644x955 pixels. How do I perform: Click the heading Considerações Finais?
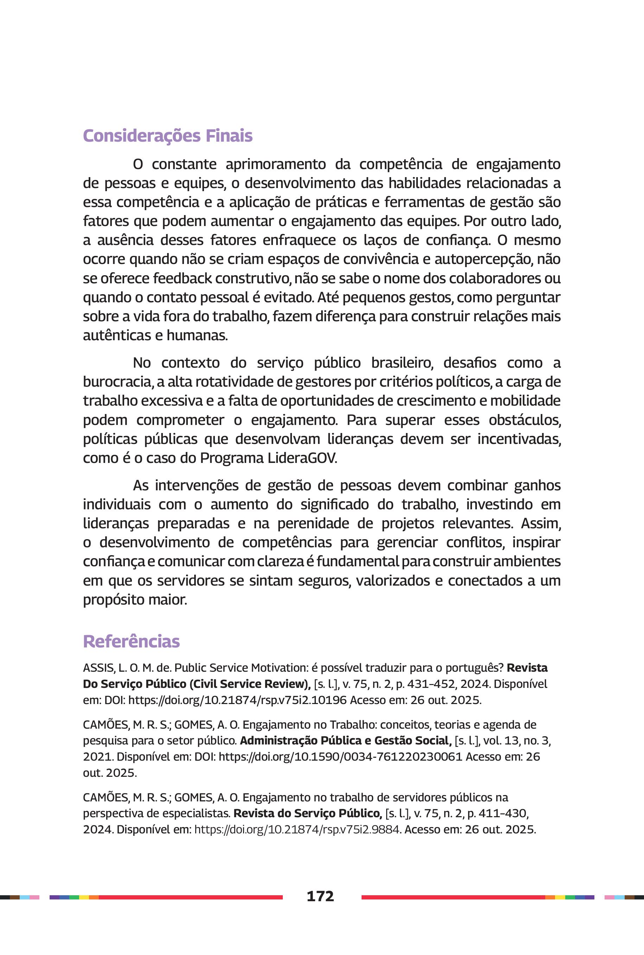click(x=167, y=136)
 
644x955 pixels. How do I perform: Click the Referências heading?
click(x=132, y=641)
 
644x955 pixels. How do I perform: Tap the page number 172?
click(x=320, y=896)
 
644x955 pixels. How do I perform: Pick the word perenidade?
click(x=325, y=524)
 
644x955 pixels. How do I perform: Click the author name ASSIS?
click(x=98, y=668)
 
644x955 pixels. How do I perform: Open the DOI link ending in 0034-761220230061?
click(x=340, y=757)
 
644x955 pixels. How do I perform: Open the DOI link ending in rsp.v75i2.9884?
click(x=297, y=830)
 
